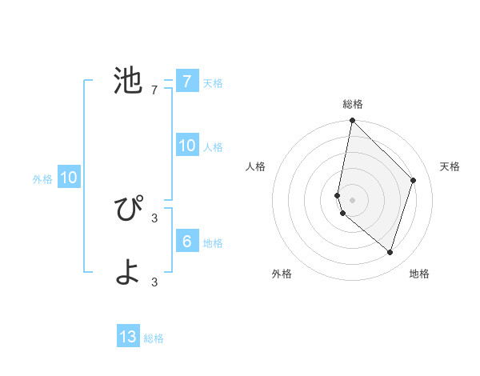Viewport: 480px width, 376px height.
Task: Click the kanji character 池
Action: click(128, 81)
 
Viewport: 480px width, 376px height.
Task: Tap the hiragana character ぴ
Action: click(128, 209)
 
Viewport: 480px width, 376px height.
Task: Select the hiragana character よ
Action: click(128, 273)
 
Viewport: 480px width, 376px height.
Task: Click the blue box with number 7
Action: click(186, 82)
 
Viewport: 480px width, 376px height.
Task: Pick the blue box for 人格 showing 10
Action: click(186, 146)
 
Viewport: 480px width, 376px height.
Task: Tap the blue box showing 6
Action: click(186, 242)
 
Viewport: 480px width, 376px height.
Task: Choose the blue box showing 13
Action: click(128, 337)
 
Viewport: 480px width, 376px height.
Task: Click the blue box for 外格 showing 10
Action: click(68, 178)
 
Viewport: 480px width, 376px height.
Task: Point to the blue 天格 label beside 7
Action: click(213, 82)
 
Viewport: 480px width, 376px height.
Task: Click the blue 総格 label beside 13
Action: click(154, 338)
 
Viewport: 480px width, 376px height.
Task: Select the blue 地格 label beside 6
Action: click(213, 243)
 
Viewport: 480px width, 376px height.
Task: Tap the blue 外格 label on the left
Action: click(42, 179)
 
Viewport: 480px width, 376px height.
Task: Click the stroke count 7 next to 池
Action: click(154, 90)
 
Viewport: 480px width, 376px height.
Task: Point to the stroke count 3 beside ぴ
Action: click(154, 218)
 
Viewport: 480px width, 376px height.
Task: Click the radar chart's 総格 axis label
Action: click(353, 104)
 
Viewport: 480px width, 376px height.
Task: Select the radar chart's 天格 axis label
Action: click(450, 166)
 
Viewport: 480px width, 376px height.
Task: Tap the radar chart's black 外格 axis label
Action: click(282, 274)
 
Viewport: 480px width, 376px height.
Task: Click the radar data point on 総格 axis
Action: click(352, 120)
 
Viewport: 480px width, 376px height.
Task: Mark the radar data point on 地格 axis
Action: click(390, 252)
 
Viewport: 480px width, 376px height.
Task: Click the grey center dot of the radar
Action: click(352, 199)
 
